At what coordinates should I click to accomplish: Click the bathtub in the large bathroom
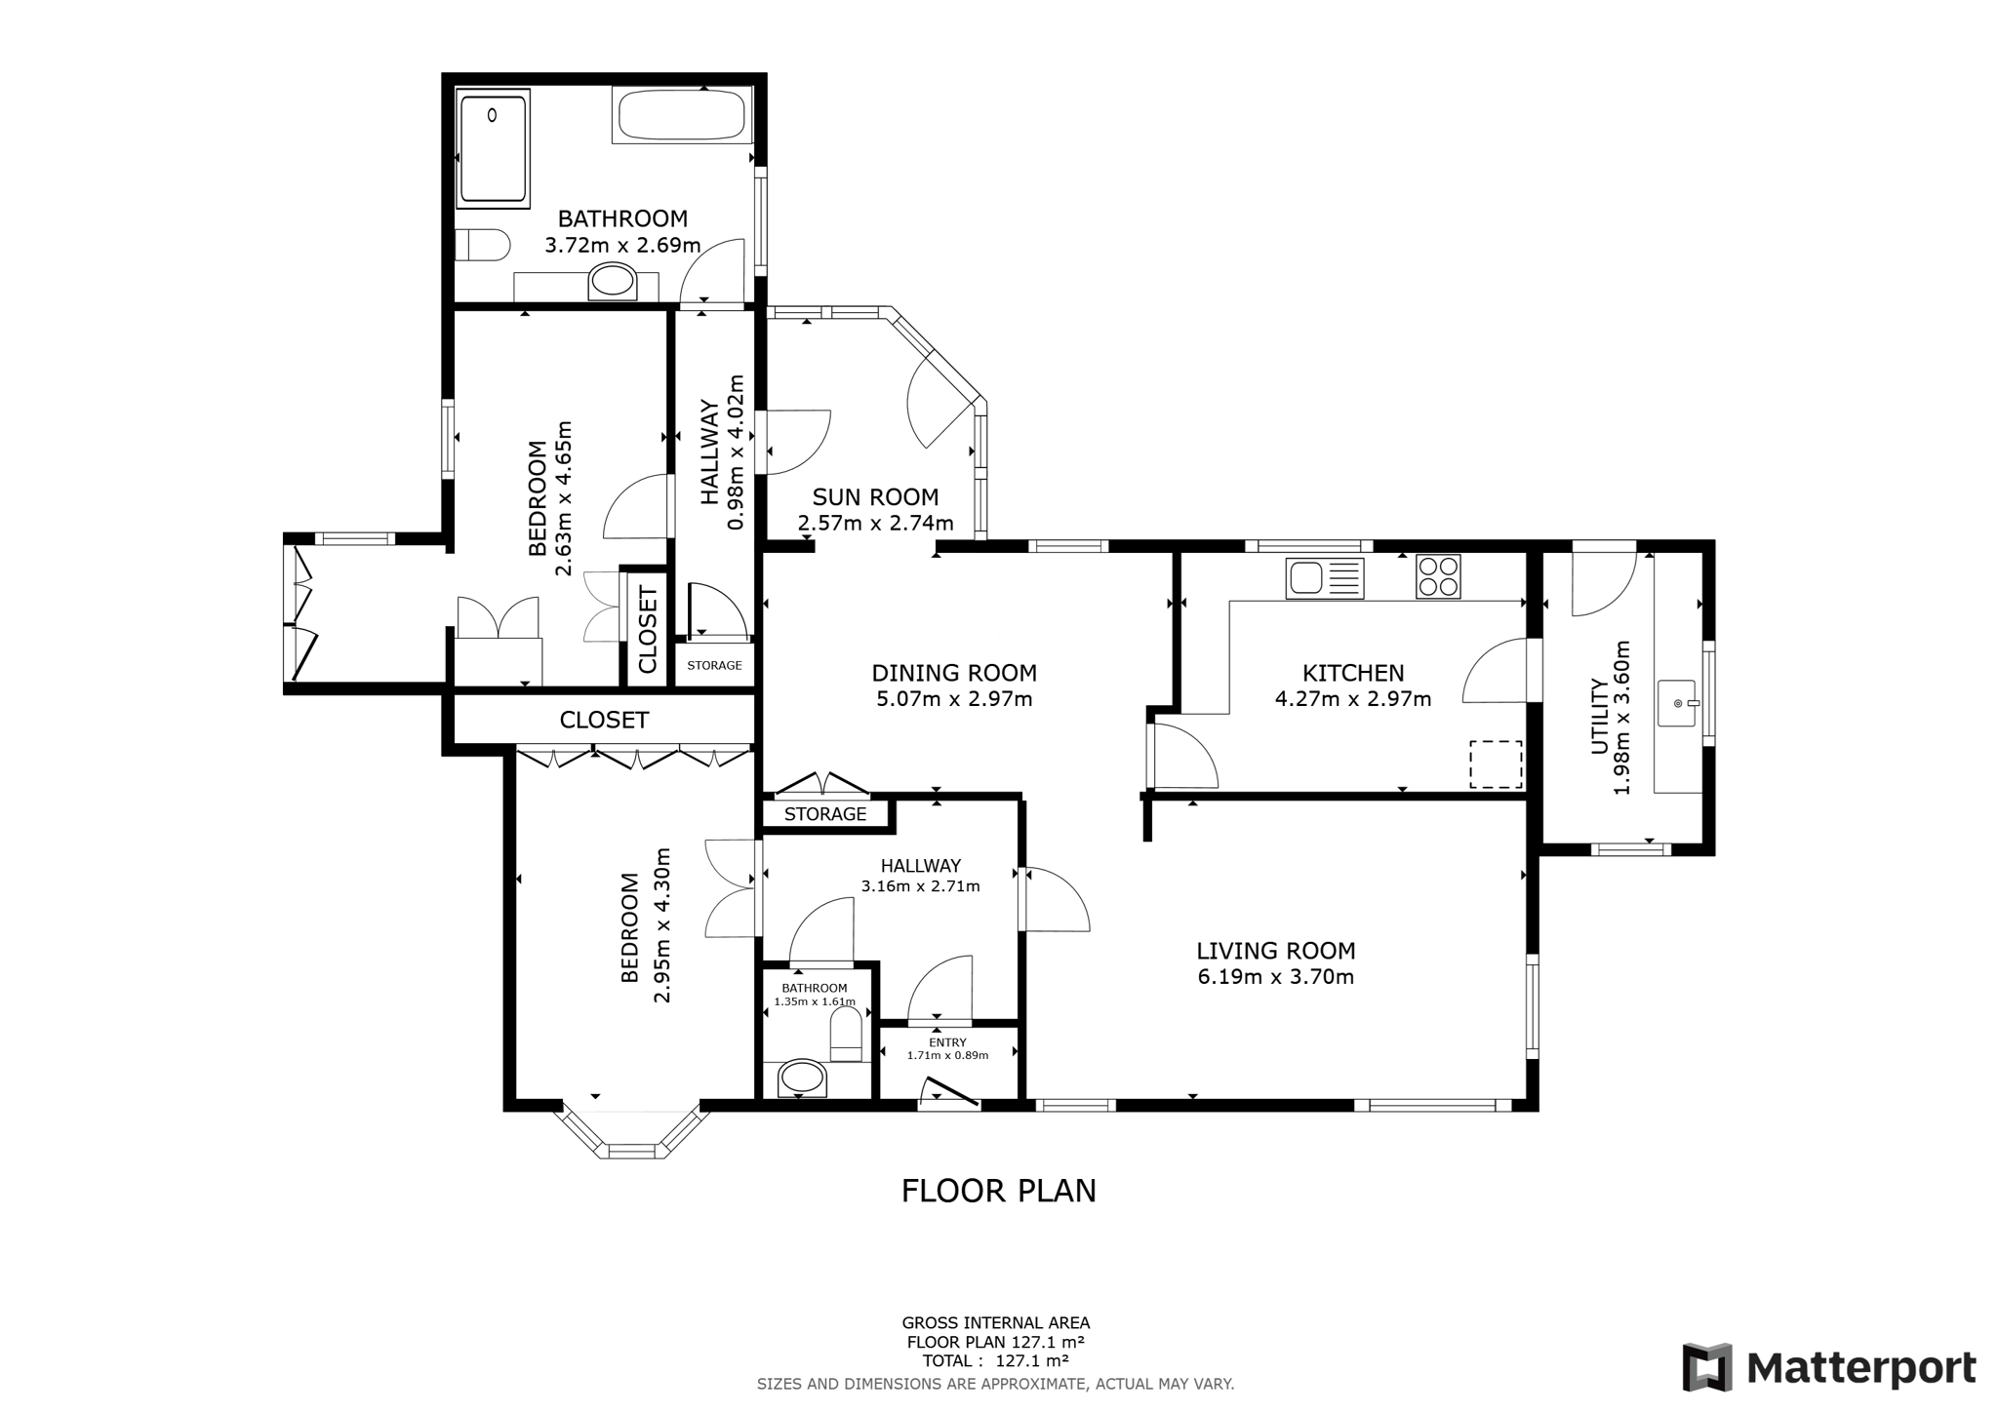[x=682, y=115]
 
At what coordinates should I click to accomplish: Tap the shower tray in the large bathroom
[x=494, y=148]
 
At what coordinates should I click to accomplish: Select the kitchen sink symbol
[x=1324, y=577]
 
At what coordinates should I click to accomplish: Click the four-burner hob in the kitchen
[x=1438, y=576]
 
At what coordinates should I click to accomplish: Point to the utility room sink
[x=1678, y=703]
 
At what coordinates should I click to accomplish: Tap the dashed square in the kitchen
[x=1496, y=764]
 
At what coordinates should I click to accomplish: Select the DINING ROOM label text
[x=953, y=673]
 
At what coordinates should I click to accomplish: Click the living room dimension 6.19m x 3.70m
[x=1275, y=976]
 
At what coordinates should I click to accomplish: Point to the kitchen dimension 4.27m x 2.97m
[x=1352, y=698]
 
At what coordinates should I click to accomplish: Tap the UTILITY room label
[x=1599, y=717]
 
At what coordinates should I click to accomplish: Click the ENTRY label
[x=947, y=1042]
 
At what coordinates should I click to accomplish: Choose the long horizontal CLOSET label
[x=604, y=721]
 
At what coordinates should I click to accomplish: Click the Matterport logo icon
[x=1706, y=1367]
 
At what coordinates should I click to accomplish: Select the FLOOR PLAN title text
[x=999, y=1191]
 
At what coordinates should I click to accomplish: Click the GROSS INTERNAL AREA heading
[x=995, y=1323]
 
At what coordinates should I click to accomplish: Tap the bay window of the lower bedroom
[x=631, y=1133]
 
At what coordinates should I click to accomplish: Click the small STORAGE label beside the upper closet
[x=714, y=665]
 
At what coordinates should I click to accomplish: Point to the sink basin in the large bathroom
[x=613, y=282]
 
